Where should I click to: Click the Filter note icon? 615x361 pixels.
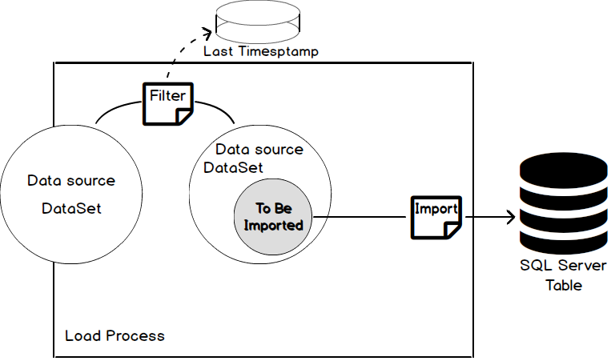point(168,103)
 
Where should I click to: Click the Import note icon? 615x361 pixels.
point(436,216)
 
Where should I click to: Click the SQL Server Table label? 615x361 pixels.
point(564,276)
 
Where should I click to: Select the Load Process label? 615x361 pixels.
point(115,335)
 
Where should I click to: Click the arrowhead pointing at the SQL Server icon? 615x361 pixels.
point(509,216)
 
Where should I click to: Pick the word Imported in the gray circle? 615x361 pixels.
point(274,225)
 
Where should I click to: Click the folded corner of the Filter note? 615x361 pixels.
point(184,118)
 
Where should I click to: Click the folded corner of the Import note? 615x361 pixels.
point(452,231)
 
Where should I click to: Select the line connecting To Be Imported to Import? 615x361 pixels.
point(360,216)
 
